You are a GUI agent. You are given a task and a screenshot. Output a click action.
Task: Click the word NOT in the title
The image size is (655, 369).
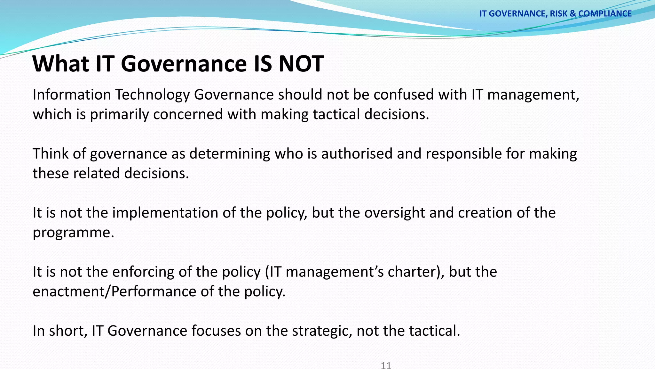(x=301, y=63)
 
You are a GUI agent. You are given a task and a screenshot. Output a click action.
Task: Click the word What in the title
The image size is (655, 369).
(x=60, y=63)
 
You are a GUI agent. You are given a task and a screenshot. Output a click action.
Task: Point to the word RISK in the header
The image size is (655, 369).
(x=559, y=13)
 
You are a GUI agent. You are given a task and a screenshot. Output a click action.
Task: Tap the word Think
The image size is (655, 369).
(x=50, y=154)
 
